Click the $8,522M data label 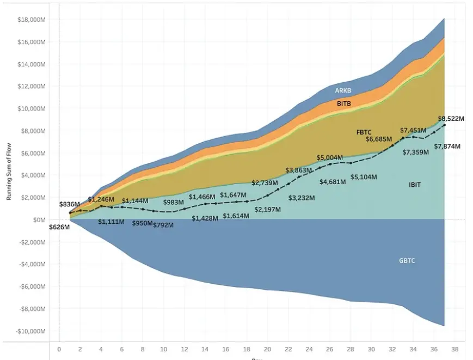point(451,118)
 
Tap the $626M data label point(59,227)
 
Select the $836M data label point(70,204)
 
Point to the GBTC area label point(407,261)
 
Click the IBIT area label point(415,185)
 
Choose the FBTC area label point(364,132)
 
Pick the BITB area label point(344,103)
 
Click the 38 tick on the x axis point(455,349)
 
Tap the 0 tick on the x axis point(59,349)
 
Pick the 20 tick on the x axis point(267,349)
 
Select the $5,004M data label point(330,158)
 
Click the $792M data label point(164,224)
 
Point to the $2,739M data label point(265,183)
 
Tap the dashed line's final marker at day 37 point(445,125)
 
